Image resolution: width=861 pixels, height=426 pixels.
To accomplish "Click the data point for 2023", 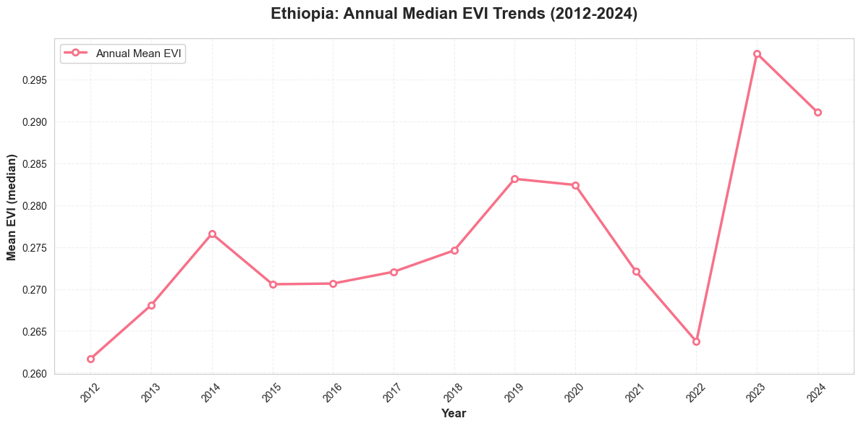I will tap(757, 54).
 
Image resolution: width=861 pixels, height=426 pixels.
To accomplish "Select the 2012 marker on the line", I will tap(90, 359).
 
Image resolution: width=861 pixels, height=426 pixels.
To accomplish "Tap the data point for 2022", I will tap(696, 341).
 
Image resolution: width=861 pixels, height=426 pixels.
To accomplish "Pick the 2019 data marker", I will tap(514, 179).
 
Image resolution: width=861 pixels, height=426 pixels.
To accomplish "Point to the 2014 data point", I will tap(212, 234).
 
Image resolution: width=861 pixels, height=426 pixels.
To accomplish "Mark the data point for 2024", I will tap(818, 112).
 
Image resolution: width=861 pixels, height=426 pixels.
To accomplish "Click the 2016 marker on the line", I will tap(333, 284).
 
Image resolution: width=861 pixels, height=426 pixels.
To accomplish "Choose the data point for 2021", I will tap(636, 271).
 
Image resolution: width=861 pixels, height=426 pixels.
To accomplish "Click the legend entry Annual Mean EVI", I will tap(138, 53).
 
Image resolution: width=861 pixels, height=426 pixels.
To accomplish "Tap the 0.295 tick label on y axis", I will tap(33, 80).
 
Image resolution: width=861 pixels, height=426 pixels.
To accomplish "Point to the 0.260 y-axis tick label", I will tap(33, 374).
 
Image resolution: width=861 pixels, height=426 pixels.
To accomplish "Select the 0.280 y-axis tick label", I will tap(33, 206).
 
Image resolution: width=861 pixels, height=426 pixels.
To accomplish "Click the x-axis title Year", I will tap(454, 414).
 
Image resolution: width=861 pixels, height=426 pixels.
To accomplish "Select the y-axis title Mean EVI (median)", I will tap(12, 207).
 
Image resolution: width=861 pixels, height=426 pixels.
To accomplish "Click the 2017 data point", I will tap(394, 272).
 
